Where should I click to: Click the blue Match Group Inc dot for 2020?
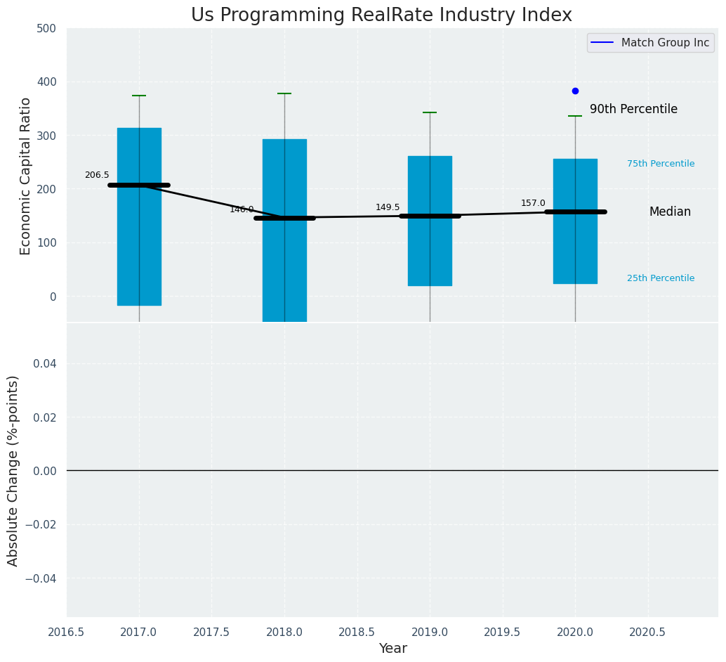[575, 91]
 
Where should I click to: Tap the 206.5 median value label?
[97, 175]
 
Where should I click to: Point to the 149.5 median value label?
[388, 207]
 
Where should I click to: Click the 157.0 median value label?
[533, 203]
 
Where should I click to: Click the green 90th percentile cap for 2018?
[284, 93]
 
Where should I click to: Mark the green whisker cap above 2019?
[430, 112]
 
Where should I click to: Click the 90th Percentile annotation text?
[633, 110]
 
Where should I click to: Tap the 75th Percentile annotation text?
[661, 164]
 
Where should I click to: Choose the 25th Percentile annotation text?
[661, 278]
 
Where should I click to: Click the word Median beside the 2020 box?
[670, 212]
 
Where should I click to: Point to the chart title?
[381, 15]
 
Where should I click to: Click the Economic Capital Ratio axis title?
[26, 176]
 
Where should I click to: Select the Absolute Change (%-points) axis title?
[13, 470]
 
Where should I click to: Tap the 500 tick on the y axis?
[46, 28]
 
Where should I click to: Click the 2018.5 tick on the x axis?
[357, 632]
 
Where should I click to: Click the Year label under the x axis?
[392, 649]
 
